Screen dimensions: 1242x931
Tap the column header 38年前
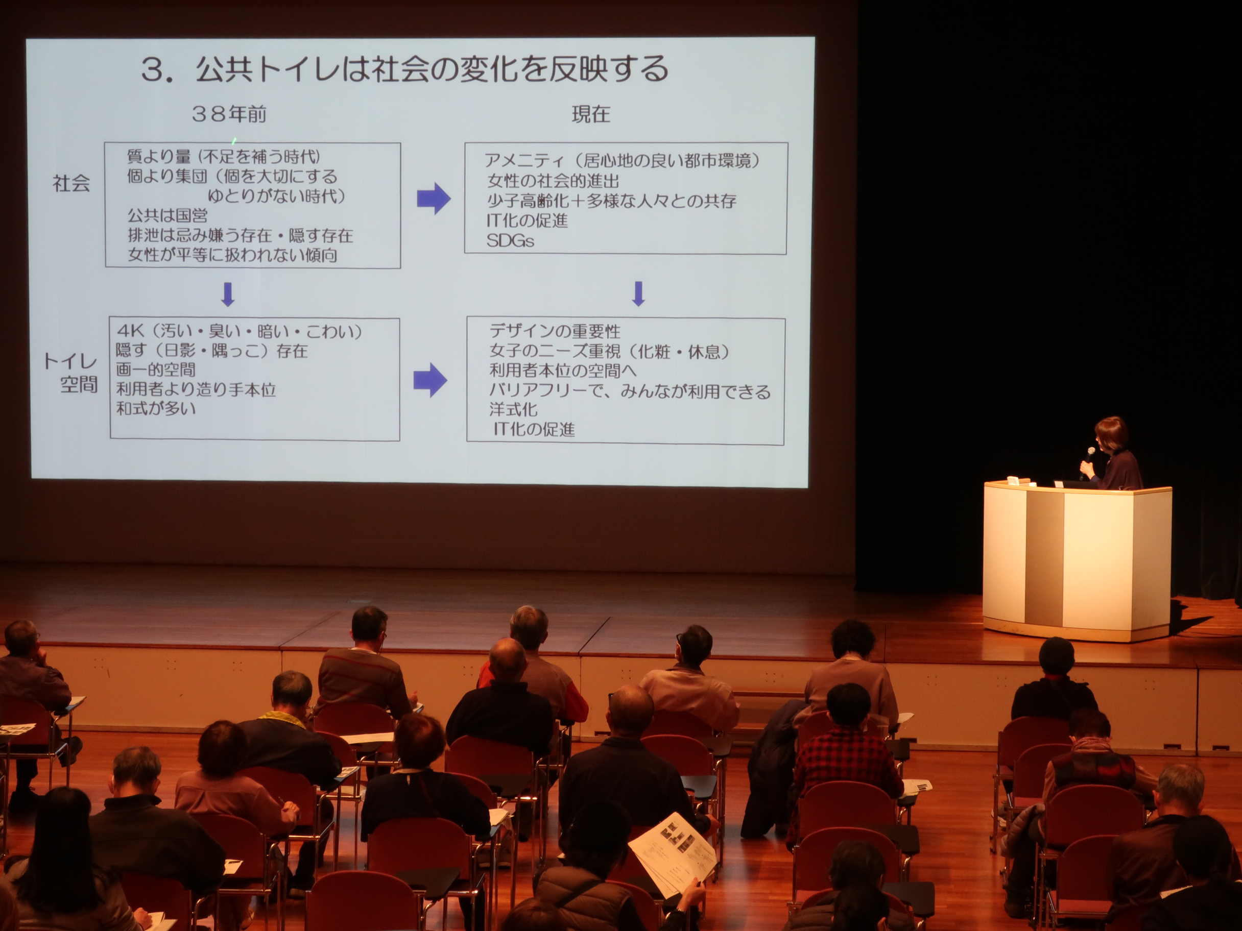229,114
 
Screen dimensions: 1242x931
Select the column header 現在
591,114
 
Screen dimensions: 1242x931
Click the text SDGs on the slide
510,241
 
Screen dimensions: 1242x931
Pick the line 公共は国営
168,215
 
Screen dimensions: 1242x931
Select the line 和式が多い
156,408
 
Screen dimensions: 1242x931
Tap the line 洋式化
513,409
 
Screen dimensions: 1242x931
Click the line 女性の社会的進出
553,181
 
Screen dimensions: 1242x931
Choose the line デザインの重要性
555,331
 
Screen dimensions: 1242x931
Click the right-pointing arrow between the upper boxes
434,199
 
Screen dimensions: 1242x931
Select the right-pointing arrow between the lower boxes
430,380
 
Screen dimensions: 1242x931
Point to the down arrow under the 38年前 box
228,294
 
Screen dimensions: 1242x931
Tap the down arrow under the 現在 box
638,293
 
